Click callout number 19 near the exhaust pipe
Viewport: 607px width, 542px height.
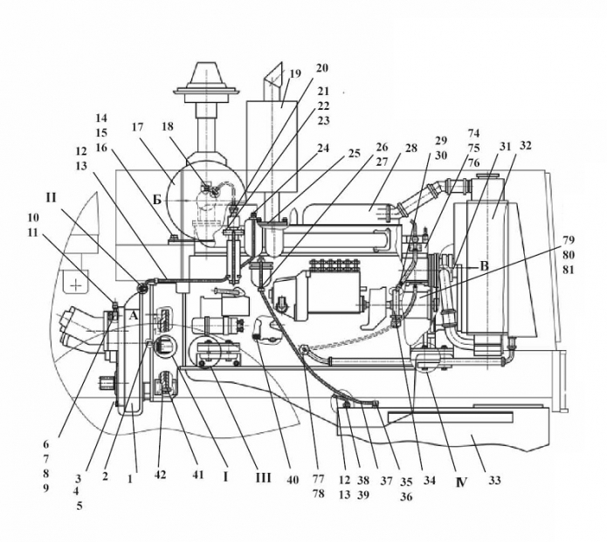coord(295,73)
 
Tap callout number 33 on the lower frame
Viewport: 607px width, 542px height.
coord(494,481)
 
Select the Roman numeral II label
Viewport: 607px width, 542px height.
coord(51,198)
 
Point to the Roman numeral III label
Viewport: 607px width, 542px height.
coord(263,478)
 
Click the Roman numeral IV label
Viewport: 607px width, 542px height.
coord(461,483)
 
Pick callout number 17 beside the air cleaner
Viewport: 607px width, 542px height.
coord(138,127)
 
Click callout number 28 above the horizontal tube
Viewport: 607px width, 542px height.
coord(411,148)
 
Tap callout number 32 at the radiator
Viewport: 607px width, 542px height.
coord(525,146)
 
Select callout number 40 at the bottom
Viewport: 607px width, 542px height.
coord(293,480)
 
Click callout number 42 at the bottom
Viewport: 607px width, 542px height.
coord(160,475)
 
